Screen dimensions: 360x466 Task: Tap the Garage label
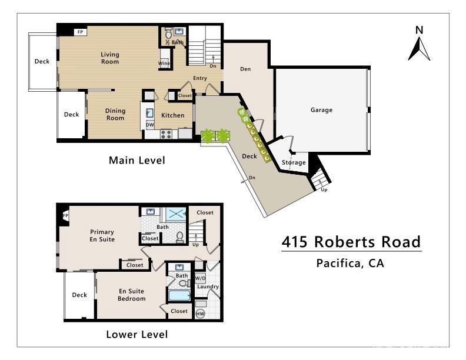(x=321, y=110)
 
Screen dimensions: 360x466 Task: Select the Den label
(x=245, y=69)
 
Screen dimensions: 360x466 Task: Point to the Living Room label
(x=109, y=58)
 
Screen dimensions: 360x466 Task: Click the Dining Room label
(x=115, y=114)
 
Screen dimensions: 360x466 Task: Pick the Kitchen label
(x=173, y=115)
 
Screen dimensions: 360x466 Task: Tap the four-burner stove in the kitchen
(x=167, y=134)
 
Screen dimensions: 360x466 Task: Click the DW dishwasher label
(x=150, y=125)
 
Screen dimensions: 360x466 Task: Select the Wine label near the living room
(x=164, y=64)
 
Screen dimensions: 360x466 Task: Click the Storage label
(x=294, y=162)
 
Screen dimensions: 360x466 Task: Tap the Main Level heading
(x=137, y=160)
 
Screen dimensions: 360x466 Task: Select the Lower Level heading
(x=137, y=335)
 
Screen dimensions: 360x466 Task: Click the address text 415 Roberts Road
(x=351, y=242)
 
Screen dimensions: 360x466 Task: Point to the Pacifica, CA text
(x=350, y=263)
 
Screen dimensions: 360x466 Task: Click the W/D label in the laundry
(x=200, y=278)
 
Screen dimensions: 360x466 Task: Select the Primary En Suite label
(x=102, y=235)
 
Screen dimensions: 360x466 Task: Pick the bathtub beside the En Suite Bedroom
(x=179, y=295)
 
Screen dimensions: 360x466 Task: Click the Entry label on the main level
(x=199, y=78)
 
